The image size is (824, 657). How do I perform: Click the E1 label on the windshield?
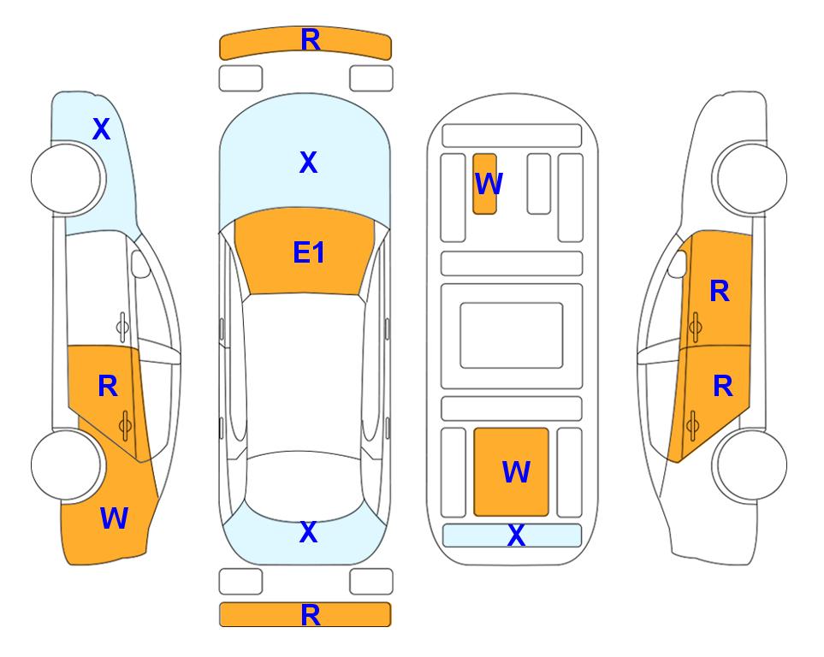(x=309, y=252)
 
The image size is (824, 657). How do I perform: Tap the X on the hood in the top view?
(x=309, y=163)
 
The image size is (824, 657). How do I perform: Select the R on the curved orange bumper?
(x=311, y=40)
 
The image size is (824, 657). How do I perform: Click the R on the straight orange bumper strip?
(x=311, y=615)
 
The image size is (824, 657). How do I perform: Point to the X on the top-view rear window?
(x=309, y=532)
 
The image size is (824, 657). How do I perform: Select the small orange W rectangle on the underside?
(x=484, y=184)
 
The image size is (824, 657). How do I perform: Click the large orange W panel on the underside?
(x=512, y=472)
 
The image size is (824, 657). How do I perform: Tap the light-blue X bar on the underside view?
(x=512, y=536)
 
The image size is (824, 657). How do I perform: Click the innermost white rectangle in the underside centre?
(x=512, y=335)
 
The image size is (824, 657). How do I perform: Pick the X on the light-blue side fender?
(x=102, y=129)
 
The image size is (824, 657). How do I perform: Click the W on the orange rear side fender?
(x=114, y=518)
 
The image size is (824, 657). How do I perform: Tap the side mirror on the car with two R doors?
(x=678, y=263)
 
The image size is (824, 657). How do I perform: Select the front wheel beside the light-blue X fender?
(x=67, y=179)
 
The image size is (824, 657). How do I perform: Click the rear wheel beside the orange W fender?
(x=67, y=465)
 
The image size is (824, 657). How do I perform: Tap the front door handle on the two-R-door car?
(x=695, y=327)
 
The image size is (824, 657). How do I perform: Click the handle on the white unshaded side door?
(x=122, y=327)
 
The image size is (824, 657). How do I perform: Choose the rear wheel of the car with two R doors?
(x=751, y=465)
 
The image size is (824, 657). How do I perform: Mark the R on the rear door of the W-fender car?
(x=108, y=387)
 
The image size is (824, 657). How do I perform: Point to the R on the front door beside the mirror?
(x=720, y=291)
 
